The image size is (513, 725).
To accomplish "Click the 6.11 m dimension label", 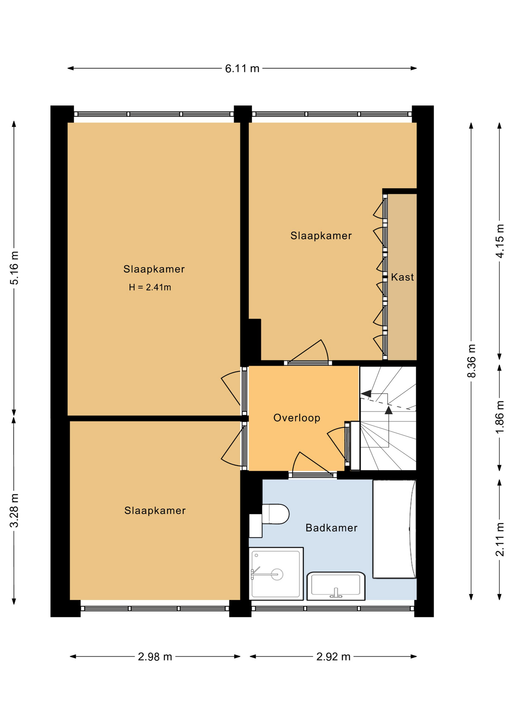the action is click(x=242, y=68).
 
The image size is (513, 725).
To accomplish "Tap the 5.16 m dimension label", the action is click(x=14, y=268).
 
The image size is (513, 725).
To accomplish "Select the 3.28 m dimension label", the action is click(x=14, y=511).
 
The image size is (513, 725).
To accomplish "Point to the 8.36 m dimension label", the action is click(x=471, y=361).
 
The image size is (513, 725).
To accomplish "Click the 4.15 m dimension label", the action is click(x=500, y=241).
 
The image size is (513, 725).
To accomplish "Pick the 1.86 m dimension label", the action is click(x=500, y=417).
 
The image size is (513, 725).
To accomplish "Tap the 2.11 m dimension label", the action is click(x=500, y=539).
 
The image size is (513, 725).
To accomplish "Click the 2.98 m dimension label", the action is click(x=155, y=657).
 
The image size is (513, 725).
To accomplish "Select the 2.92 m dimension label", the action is click(x=334, y=657).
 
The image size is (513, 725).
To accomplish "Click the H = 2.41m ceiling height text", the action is click(x=150, y=287).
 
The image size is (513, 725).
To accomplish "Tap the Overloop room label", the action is click(x=297, y=418).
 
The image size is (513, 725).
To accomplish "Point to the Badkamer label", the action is click(x=331, y=528).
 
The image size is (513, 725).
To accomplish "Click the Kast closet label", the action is click(x=402, y=277).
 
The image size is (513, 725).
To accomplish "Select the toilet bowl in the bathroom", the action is click(x=275, y=514).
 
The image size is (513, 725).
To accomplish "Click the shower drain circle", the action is click(x=277, y=575).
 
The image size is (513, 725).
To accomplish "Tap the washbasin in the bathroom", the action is click(x=336, y=586).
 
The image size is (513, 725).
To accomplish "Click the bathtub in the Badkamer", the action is click(x=394, y=529).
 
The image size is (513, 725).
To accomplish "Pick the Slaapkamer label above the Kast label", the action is click(x=321, y=236).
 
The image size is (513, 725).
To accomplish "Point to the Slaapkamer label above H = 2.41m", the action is click(x=154, y=269).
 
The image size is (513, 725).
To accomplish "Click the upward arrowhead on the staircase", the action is click(x=389, y=410).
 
